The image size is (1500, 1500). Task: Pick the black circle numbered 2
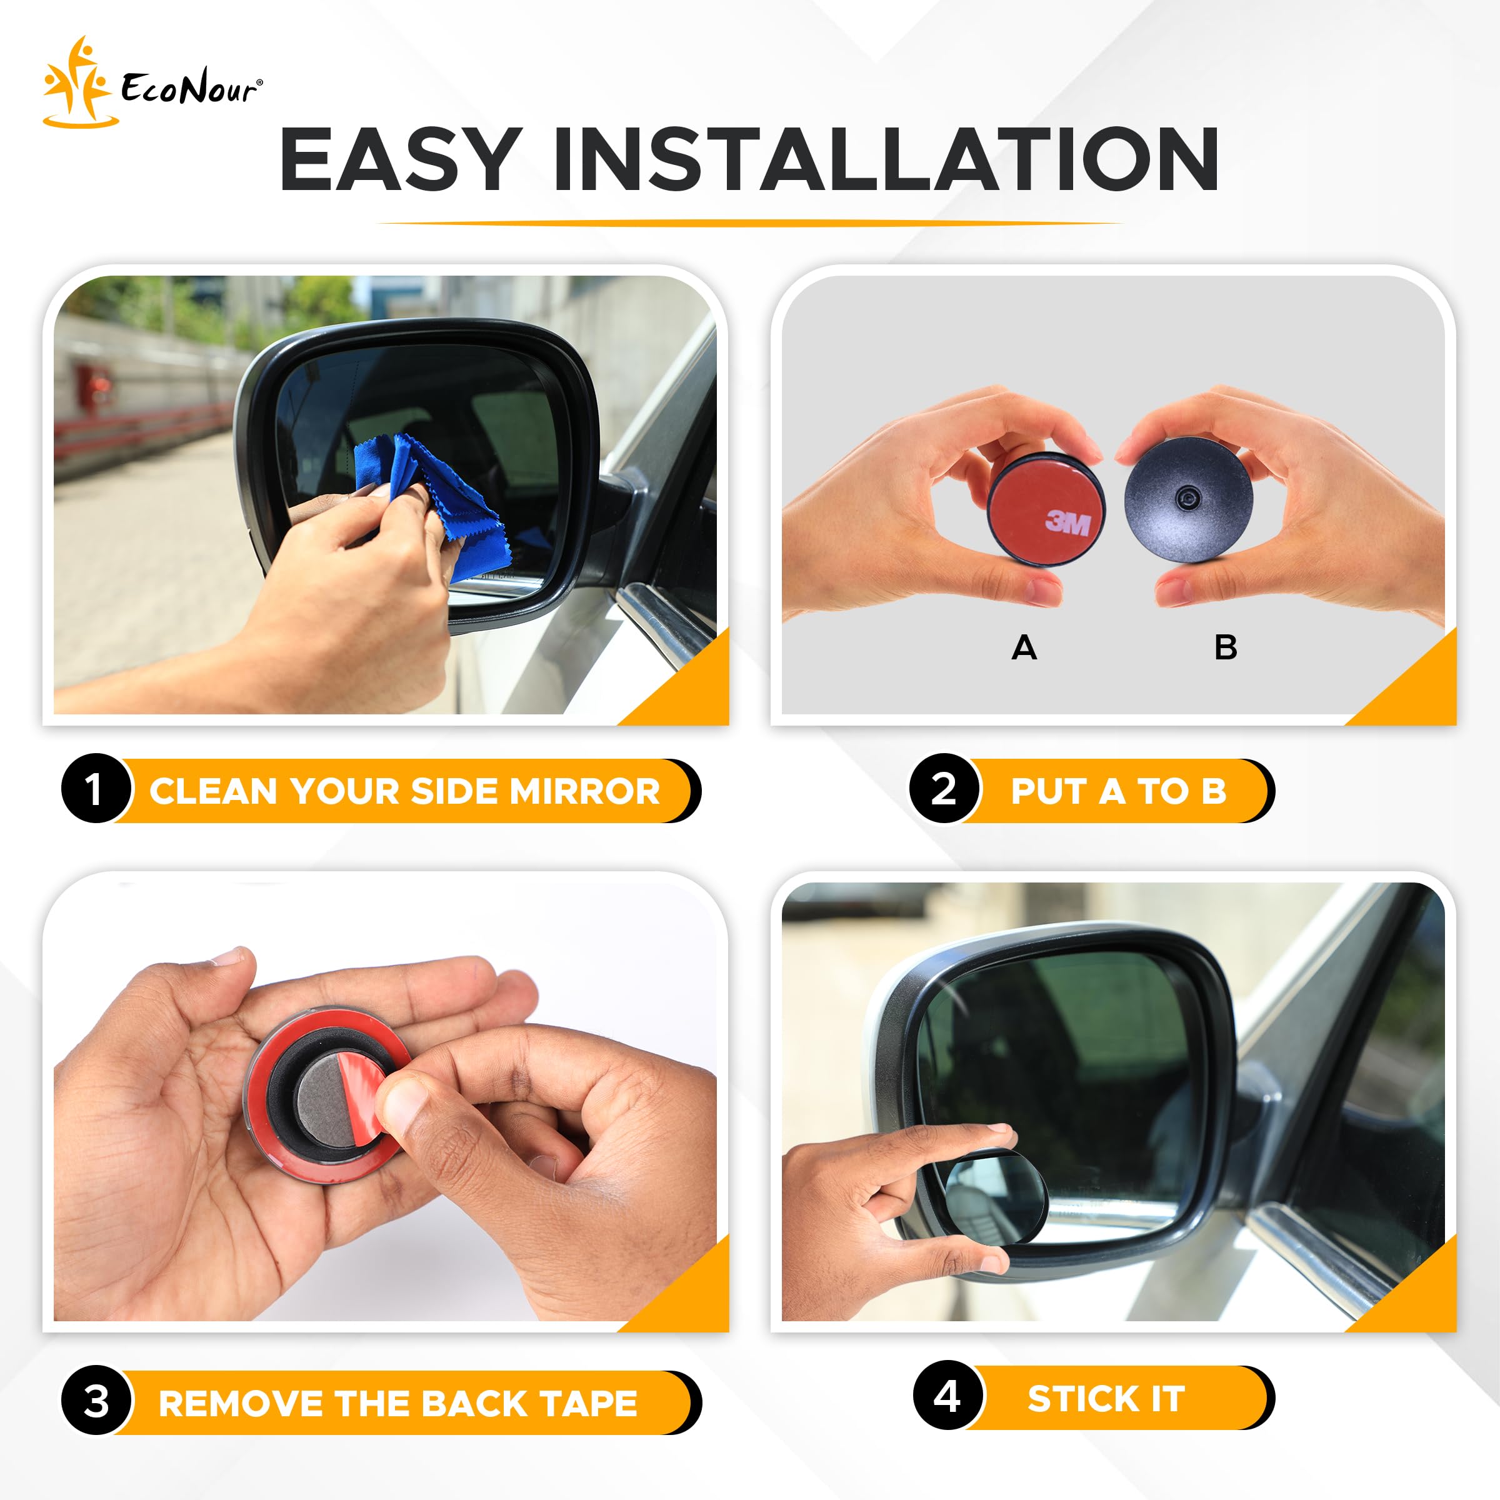pyautogui.click(x=943, y=789)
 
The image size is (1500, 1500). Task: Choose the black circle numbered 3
pyautogui.click(x=96, y=1401)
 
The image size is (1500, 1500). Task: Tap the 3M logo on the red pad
pyautogui.click(x=1067, y=522)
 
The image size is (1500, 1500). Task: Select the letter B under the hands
pyautogui.click(x=1225, y=647)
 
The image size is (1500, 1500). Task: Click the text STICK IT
pyautogui.click(x=1106, y=1398)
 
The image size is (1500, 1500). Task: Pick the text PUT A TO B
pyautogui.click(x=1118, y=791)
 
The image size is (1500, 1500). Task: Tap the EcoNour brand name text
pyautogui.click(x=190, y=87)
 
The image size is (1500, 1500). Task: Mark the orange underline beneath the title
pyautogui.click(x=749, y=223)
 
